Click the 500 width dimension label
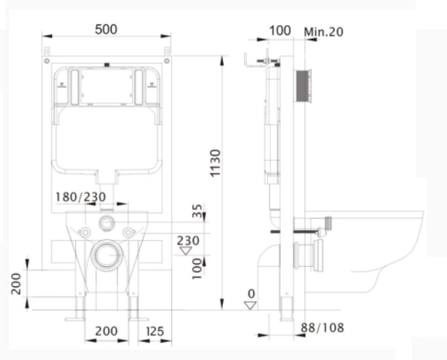106,29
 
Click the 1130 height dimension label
215,163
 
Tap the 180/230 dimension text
80,197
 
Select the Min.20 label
324,32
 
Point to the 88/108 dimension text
322,328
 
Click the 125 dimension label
155,331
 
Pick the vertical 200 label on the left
16,284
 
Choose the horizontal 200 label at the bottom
106,331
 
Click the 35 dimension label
197,211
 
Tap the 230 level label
188,241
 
